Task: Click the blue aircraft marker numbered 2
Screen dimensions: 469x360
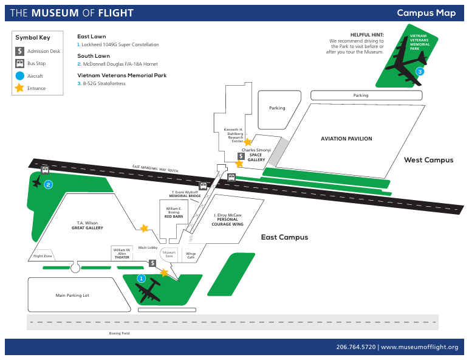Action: click(48, 185)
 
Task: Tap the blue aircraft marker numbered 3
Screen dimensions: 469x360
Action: click(420, 72)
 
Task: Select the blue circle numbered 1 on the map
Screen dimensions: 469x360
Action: click(141, 279)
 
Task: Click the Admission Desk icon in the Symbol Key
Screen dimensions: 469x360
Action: click(19, 51)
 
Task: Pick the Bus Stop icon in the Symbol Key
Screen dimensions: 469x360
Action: click(19, 63)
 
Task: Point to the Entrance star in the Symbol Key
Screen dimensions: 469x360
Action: click(19, 88)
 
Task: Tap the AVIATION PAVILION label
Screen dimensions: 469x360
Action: click(346, 139)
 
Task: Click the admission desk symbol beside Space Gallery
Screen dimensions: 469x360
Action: click(241, 156)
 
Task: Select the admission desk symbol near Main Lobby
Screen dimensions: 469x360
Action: click(152, 263)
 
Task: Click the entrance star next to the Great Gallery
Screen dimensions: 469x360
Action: click(144, 228)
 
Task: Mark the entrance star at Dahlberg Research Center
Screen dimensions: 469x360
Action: click(248, 142)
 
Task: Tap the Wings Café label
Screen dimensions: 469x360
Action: click(191, 255)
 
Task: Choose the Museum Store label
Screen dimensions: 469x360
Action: click(169, 254)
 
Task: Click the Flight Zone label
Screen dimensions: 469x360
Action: click(43, 256)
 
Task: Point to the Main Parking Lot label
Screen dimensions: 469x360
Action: click(72, 296)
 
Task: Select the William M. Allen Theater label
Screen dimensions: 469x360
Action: click(122, 254)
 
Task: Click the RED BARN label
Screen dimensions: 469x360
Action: click(174, 216)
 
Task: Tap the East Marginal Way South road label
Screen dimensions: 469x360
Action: click(156, 168)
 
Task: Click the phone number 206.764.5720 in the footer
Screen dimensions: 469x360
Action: click(356, 347)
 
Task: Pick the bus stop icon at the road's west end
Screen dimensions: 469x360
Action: click(45, 170)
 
